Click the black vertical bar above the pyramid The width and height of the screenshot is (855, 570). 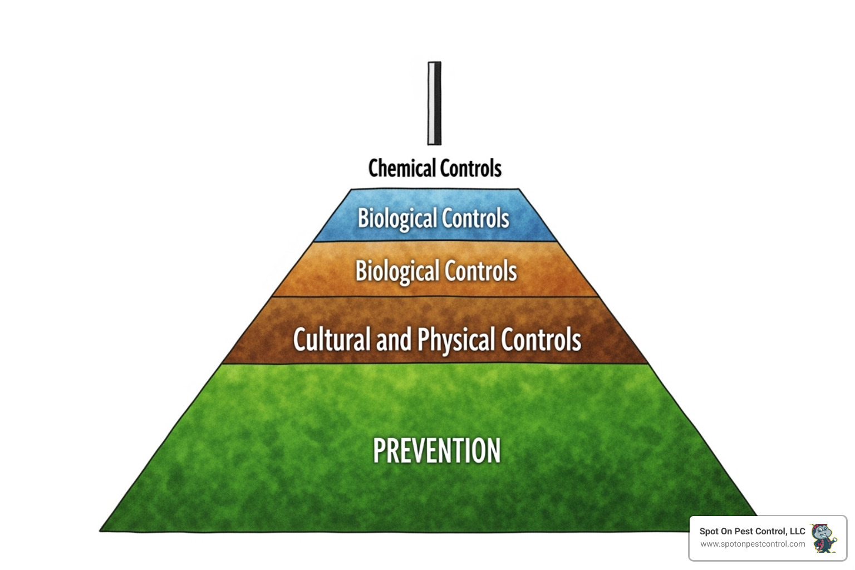434,104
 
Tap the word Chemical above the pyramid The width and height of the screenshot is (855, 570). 402,168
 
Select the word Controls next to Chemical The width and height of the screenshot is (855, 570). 471,168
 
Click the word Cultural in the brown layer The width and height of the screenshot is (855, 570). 332,340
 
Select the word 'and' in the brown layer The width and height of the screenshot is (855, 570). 394,340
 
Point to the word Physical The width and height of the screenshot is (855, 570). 456,340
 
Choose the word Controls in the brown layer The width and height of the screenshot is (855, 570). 540,340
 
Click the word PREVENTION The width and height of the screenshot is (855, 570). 437,451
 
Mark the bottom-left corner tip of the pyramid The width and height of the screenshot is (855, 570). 101,530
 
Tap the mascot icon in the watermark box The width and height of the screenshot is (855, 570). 824,538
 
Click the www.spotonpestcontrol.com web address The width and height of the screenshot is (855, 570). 753,544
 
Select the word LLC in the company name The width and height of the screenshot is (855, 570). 797,532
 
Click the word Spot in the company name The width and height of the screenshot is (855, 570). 709,532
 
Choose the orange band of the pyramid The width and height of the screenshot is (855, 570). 312,273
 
